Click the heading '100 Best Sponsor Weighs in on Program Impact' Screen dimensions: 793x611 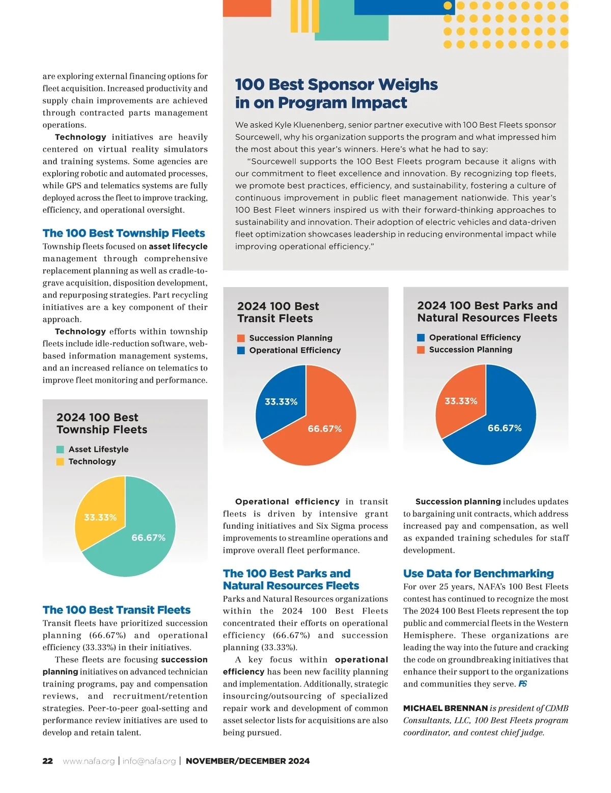336,94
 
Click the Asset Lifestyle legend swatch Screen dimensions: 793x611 60,449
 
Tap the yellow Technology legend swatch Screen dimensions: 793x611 60,462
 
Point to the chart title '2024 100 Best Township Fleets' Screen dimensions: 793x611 102,423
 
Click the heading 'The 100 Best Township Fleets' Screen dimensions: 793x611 124,233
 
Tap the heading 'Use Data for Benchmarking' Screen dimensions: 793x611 478,574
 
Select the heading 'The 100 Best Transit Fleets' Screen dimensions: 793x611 117,610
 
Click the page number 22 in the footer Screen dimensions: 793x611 47,761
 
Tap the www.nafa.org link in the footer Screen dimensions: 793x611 89,761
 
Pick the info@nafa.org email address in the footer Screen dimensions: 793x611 149,761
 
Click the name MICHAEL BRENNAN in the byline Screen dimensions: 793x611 446,708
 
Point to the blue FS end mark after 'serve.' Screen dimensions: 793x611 522,684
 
